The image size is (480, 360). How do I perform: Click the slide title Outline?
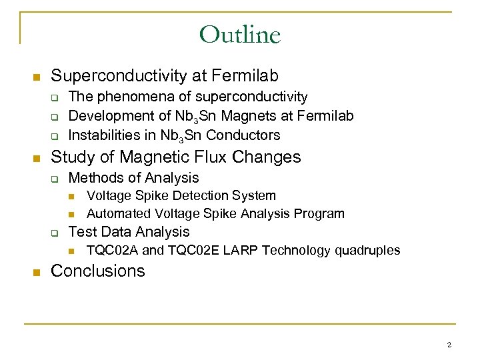(x=240, y=34)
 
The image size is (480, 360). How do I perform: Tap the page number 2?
(x=449, y=345)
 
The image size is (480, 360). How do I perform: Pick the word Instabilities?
(x=105, y=135)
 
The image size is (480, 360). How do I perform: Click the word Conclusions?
(x=97, y=271)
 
